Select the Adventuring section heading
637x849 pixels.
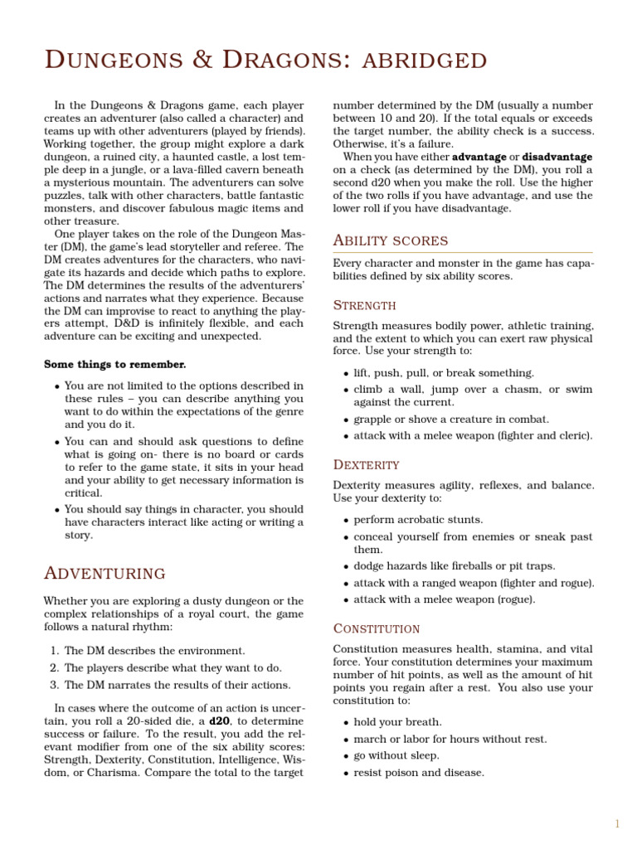[104, 573]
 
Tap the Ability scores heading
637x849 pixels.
[390, 240]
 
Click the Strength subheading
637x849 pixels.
[364, 304]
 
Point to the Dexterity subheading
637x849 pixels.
[366, 464]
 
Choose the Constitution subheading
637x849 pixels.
[377, 628]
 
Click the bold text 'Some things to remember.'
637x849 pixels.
[114, 364]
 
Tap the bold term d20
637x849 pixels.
[220, 721]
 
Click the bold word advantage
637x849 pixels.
[479, 156]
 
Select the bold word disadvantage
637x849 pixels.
[557, 156]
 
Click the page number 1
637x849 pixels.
[617, 823]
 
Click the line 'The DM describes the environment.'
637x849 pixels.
[154, 651]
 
